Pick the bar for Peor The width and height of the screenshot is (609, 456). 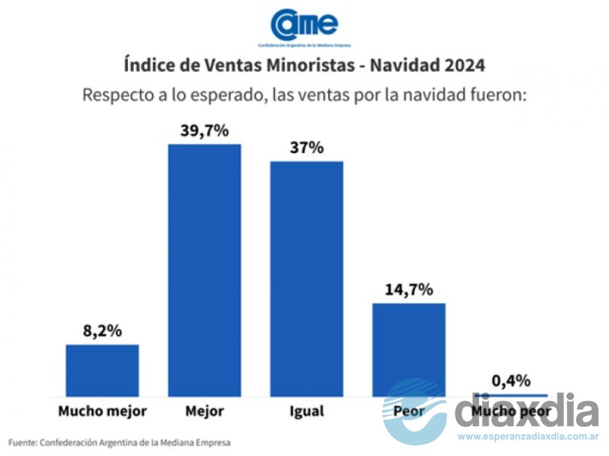tap(408, 348)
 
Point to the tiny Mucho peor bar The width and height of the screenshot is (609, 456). tap(511, 394)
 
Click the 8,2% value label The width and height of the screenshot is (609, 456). tap(102, 332)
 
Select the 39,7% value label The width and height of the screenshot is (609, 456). tap(204, 131)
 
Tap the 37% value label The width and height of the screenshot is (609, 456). tap(307, 147)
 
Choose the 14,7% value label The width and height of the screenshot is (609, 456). tap(408, 290)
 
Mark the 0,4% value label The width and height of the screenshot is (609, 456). tap(511, 381)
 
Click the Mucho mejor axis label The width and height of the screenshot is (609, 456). tap(102, 411)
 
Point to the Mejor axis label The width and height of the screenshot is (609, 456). tap(204, 411)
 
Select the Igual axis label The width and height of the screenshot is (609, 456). tap(306, 411)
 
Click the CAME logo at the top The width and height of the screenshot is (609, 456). tap(304, 26)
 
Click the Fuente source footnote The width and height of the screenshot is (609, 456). tap(120, 442)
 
